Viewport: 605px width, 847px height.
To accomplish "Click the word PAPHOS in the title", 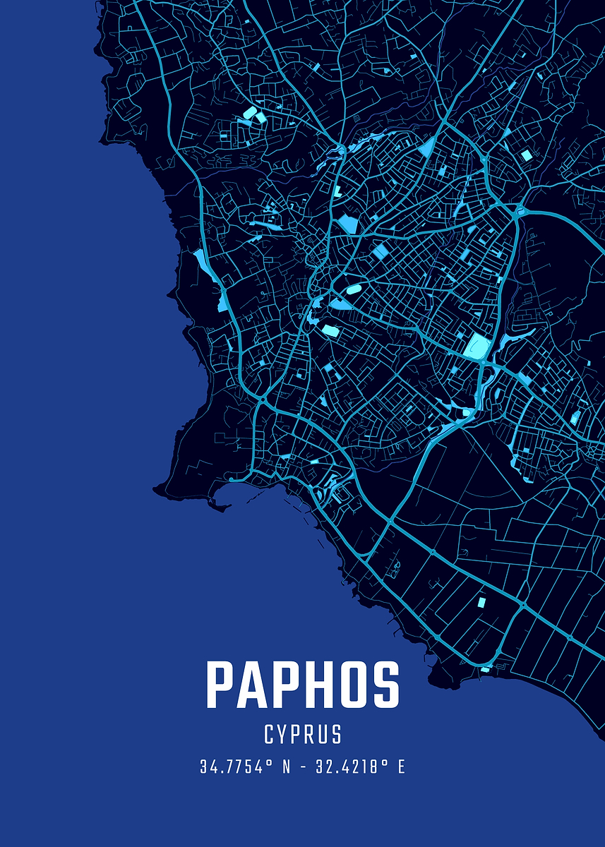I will (303, 685).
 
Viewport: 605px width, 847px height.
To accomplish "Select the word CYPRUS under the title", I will (303, 735).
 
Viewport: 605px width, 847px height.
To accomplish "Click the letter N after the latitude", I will (286, 767).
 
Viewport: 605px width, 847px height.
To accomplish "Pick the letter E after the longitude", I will (401, 767).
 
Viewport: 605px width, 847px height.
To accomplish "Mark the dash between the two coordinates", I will (302, 767).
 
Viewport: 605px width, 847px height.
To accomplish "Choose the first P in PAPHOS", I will (221, 685).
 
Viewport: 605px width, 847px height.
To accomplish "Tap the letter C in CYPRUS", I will (270, 735).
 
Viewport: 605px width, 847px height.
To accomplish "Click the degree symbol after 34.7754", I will (270, 763).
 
